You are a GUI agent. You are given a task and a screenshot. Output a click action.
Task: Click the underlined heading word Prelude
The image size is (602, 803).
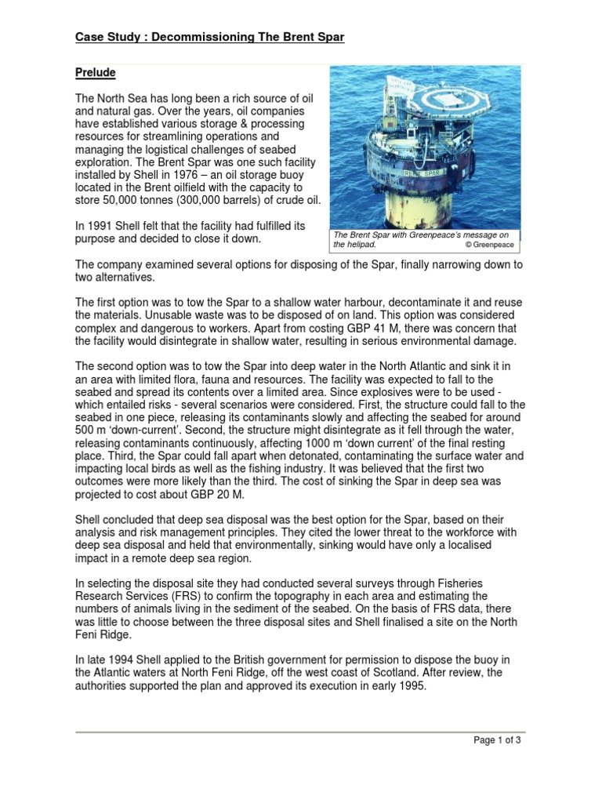pos(95,73)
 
